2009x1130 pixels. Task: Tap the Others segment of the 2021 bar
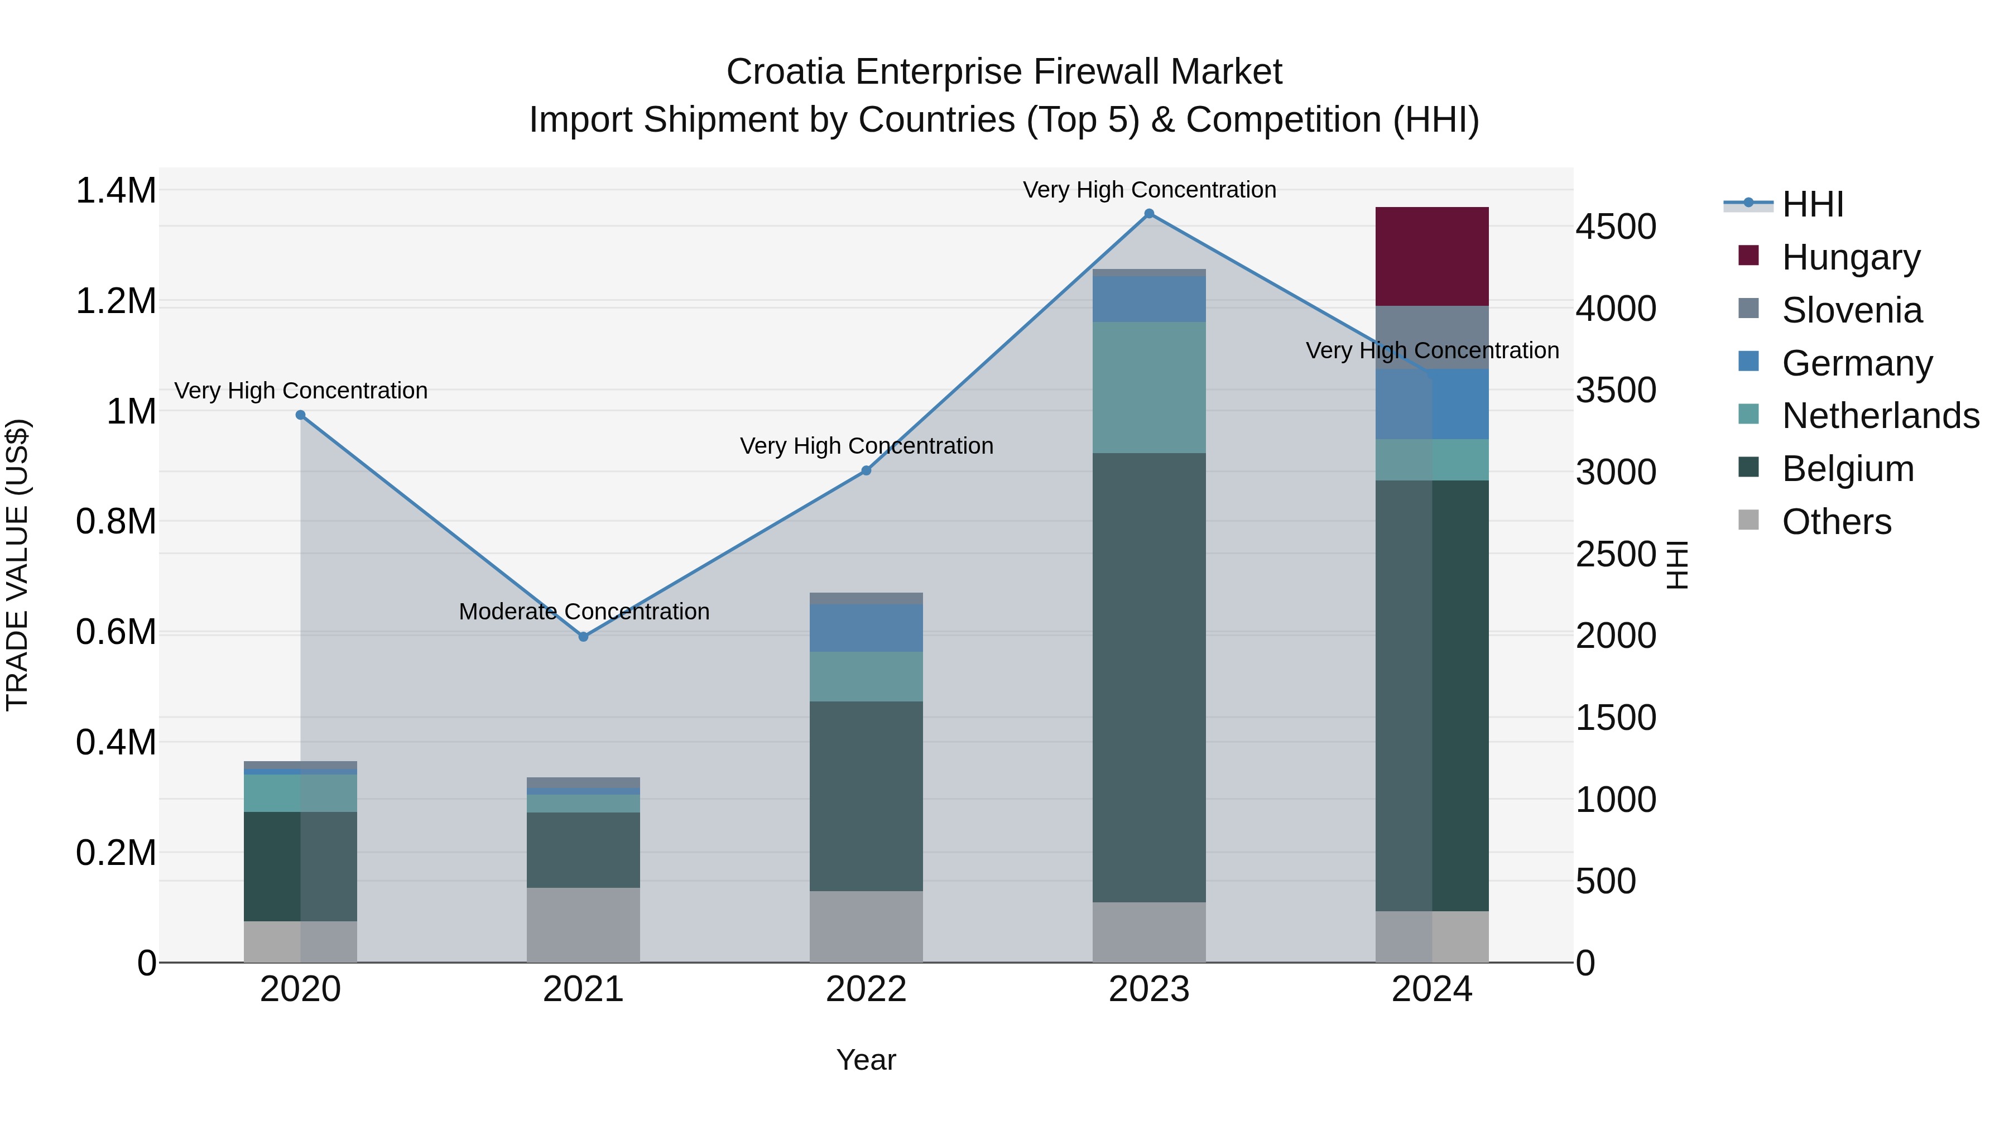583,924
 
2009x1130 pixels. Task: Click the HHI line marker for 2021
583,636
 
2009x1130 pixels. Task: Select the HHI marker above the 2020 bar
300,415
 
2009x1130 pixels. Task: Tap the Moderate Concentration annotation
583,612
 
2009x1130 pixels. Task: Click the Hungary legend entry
1850,257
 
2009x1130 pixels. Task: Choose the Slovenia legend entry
1852,310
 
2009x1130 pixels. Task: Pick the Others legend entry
1836,521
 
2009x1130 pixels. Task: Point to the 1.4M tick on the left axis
116,190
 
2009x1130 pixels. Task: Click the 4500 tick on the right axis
1615,227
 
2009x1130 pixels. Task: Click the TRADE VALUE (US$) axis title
17,565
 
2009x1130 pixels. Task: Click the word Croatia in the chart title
785,72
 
